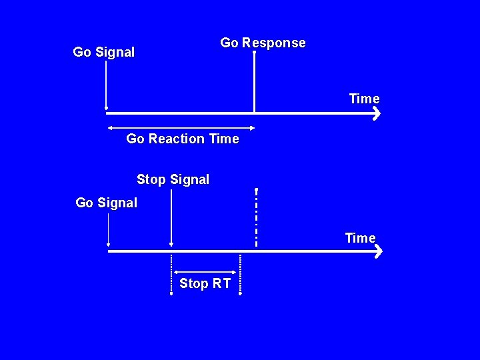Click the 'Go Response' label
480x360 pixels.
263,43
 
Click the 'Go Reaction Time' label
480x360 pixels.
182,139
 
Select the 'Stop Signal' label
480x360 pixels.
173,179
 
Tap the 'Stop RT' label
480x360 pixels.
205,283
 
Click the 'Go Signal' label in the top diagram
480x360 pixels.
103,52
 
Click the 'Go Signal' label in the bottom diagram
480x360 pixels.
106,203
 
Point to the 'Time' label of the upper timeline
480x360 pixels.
364,99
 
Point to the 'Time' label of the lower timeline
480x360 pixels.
360,238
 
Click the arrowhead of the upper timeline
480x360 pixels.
376,113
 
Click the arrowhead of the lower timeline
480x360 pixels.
378,252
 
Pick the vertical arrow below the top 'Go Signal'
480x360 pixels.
106,83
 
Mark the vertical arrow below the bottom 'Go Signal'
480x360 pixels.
108,230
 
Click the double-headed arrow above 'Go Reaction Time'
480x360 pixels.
181,127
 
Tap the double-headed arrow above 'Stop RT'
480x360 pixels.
206,271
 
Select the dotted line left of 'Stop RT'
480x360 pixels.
171,273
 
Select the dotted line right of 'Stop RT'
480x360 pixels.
241,273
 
